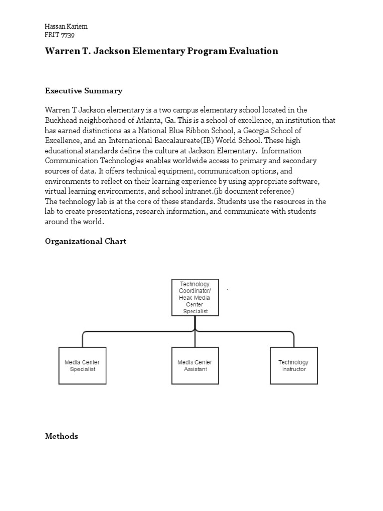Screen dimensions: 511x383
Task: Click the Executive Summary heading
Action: pyautogui.click(x=83, y=91)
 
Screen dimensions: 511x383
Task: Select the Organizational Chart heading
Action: pyautogui.click(x=85, y=241)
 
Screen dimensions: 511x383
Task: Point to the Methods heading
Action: pyautogui.click(x=61, y=436)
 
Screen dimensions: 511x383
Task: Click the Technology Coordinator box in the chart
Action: pyautogui.click(x=194, y=297)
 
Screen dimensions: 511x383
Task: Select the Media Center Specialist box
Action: pyautogui.click(x=82, y=365)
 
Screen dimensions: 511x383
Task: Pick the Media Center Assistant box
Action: pyautogui.click(x=194, y=365)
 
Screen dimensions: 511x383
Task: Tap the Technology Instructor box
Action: pyautogui.click(x=293, y=365)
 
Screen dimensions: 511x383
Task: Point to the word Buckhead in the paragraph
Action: pyautogui.click(x=62, y=120)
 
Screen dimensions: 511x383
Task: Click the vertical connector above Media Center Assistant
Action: pyautogui.click(x=194, y=339)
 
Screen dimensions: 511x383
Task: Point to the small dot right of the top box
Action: pyautogui.click(x=228, y=289)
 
